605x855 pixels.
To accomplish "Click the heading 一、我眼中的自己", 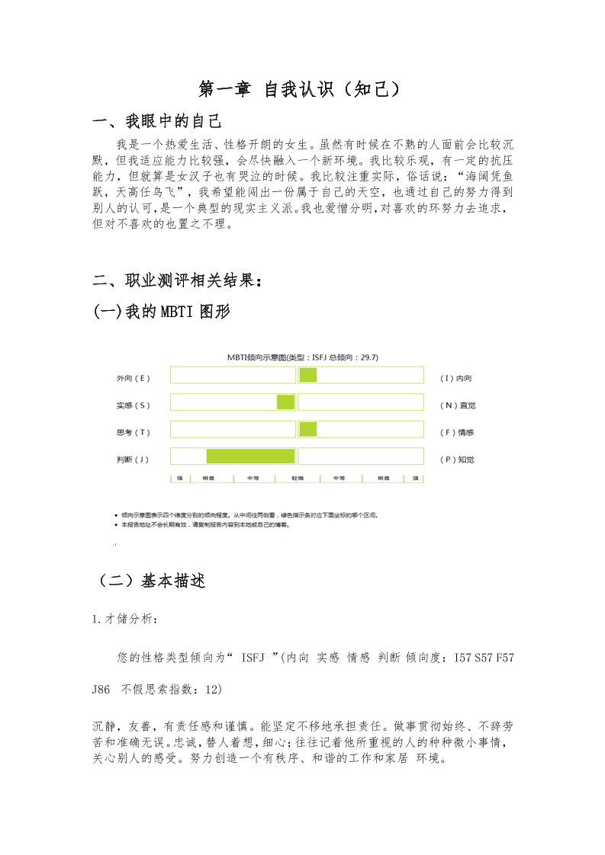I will pos(156,121).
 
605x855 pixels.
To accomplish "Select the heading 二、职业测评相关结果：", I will pos(178,280).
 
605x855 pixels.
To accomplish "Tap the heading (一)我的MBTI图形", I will pos(161,312).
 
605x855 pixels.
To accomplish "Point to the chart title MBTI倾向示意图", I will pos(303,357).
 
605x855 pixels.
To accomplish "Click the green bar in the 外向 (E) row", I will pos(308,375).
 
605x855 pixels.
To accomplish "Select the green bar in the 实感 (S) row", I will pos(285,402).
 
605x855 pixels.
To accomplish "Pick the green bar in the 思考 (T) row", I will pos(308,430).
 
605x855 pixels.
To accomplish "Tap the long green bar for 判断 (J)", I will pos(250,456).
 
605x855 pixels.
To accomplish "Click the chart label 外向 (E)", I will pos(134,378).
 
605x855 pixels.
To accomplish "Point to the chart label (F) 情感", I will pos(458,432).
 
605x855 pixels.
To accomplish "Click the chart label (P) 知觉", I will pos(458,460).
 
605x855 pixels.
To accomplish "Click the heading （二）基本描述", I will pos(151,581).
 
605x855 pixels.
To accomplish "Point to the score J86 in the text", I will pos(101,690).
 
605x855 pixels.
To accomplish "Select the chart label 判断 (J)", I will pos(133,460).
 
